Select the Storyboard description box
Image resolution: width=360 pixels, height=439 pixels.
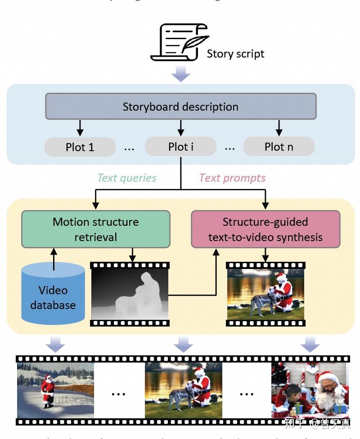(180, 107)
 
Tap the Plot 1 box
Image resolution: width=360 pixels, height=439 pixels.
(80, 147)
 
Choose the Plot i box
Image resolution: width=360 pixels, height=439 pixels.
(180, 147)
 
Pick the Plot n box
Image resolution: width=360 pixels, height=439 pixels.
(279, 147)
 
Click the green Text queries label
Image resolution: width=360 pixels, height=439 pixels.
(127, 178)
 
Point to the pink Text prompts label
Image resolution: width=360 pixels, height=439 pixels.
(232, 178)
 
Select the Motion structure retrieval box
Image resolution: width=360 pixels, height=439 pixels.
(95, 229)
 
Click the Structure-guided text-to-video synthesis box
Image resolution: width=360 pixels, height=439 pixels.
(265, 229)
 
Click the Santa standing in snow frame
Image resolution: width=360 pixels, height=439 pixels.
(55, 390)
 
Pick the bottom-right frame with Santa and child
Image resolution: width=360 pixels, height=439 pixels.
(310, 390)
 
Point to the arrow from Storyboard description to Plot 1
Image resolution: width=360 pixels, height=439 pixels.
(80, 127)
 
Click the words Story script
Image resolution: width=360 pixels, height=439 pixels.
(235, 54)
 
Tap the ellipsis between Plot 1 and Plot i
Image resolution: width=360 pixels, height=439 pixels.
(129, 148)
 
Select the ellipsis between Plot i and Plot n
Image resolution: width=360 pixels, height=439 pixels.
(229, 148)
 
